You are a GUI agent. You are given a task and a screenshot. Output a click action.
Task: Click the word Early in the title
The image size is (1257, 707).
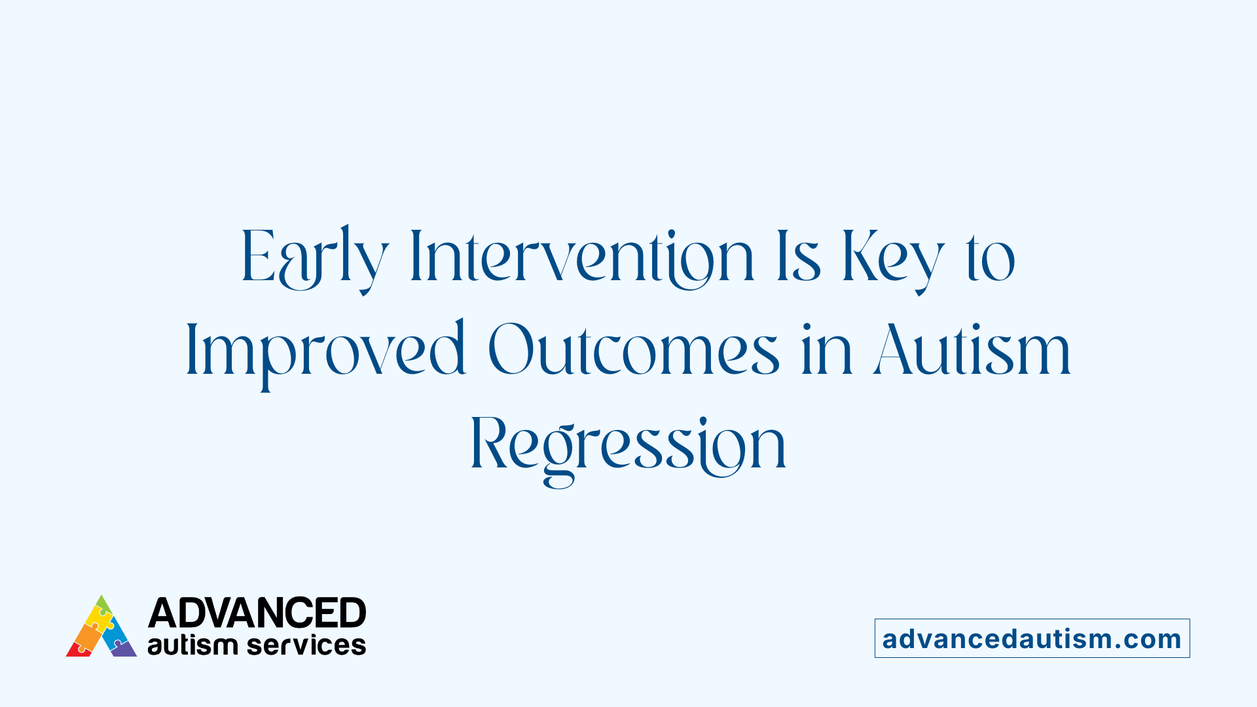click(x=314, y=259)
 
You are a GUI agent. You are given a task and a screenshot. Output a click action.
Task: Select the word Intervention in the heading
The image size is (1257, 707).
click(x=581, y=259)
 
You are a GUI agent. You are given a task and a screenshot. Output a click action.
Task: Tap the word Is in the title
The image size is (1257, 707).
click(x=798, y=259)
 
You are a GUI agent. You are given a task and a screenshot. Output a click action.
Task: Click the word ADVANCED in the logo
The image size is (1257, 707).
click(x=257, y=613)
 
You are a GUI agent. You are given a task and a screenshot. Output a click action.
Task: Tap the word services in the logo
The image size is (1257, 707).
click(x=306, y=645)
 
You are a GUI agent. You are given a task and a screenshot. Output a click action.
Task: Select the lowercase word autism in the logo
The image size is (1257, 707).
click(x=192, y=645)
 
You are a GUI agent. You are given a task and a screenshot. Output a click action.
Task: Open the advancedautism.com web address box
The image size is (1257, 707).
click(x=1032, y=638)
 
